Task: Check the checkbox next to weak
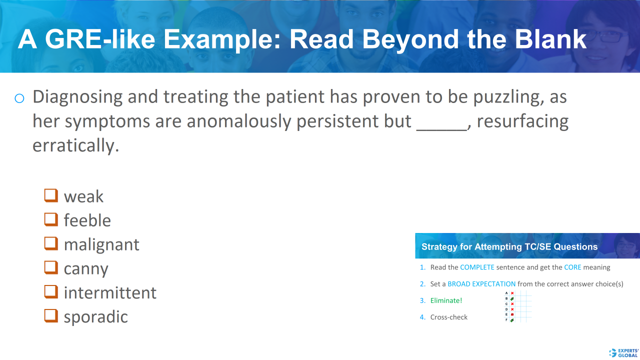click(51, 195)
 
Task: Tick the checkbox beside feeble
click(51, 219)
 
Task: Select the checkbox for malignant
click(51, 243)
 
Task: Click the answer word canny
click(85, 269)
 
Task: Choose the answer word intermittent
click(110, 292)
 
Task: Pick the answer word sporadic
click(95, 317)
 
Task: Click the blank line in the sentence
click(441, 128)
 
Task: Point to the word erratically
click(76, 146)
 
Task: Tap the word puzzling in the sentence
click(499, 97)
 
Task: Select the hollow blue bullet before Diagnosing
click(19, 98)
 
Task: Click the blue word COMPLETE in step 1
click(477, 267)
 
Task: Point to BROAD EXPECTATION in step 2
click(481, 284)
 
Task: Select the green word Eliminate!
click(446, 300)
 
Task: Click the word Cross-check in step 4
click(448, 317)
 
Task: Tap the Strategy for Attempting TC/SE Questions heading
click(509, 246)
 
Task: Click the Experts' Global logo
click(623, 352)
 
